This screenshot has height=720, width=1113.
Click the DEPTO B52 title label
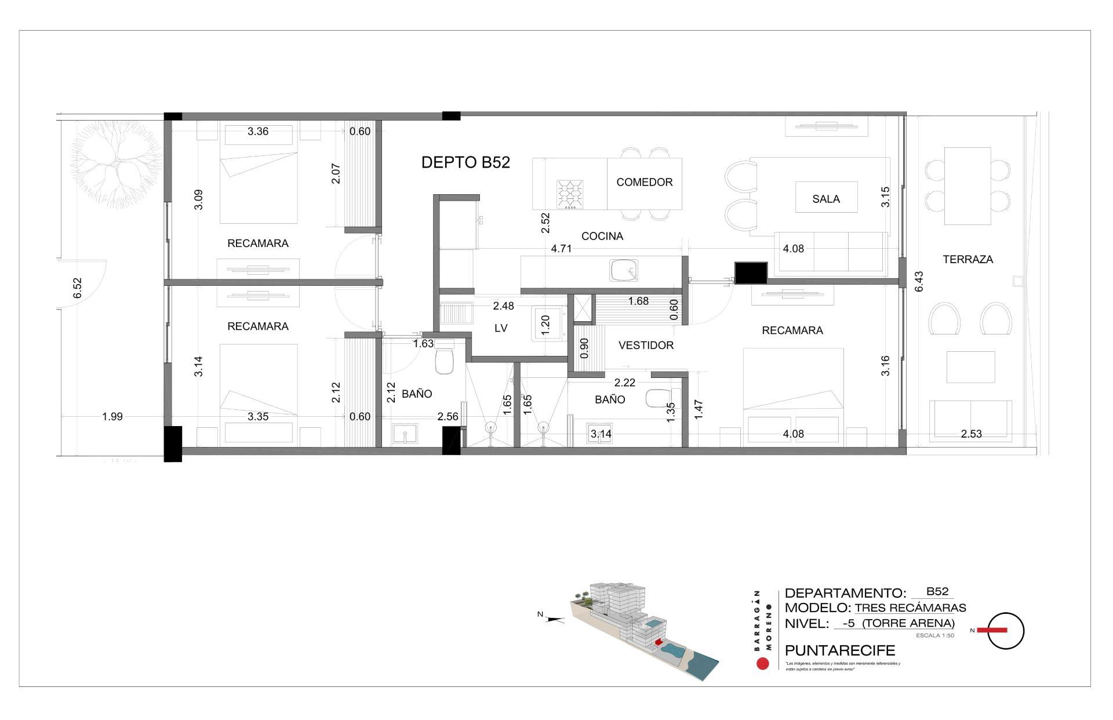(x=465, y=163)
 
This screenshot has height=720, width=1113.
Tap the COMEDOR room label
(x=644, y=182)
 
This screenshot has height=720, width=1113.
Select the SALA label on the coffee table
(x=825, y=199)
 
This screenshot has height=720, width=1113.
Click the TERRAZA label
(x=967, y=260)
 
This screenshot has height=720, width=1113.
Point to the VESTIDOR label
(x=646, y=346)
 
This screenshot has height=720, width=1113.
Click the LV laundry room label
(x=501, y=328)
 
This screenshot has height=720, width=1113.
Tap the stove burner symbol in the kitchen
(x=570, y=194)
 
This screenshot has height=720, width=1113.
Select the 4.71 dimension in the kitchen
(x=561, y=249)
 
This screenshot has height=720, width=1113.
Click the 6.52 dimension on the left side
(x=77, y=288)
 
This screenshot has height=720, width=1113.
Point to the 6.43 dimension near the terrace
(x=918, y=281)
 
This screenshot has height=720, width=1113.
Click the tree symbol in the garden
(x=116, y=165)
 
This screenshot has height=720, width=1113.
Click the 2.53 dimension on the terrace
(x=971, y=434)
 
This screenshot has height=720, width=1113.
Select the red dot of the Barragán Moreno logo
(x=763, y=664)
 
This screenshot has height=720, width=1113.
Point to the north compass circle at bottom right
(x=1006, y=631)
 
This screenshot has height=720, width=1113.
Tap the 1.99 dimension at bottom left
(x=112, y=416)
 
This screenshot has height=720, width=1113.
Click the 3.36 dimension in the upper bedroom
(x=258, y=132)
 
